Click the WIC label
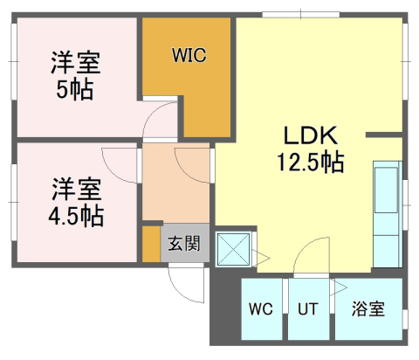point(188,56)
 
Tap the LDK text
point(308,136)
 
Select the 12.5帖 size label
point(309,162)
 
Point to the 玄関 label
point(184,243)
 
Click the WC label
point(260,309)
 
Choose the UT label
point(307,309)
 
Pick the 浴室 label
point(368,309)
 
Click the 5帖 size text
point(75,89)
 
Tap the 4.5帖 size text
point(75,214)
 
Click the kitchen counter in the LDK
point(387,214)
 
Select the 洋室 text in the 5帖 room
point(75,64)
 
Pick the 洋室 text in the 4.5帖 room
point(75,188)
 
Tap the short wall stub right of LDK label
point(383,135)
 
